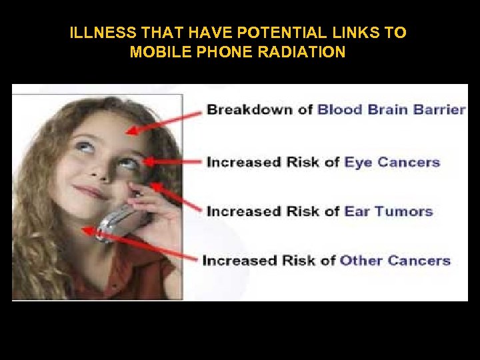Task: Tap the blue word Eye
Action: coord(359,161)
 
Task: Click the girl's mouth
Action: coord(91,192)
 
